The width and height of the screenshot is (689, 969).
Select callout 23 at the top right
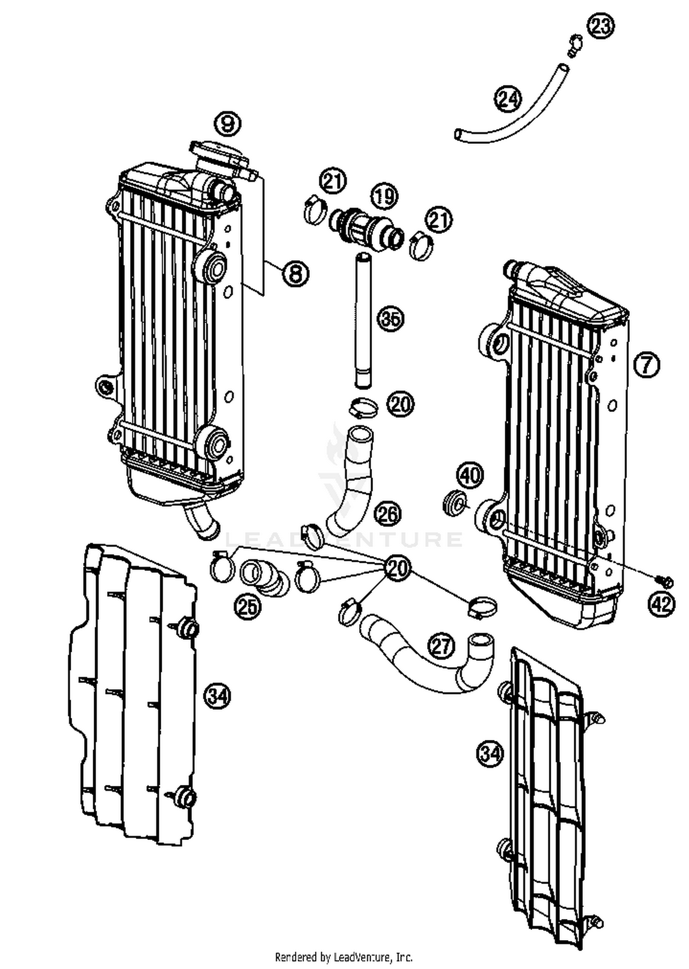601,26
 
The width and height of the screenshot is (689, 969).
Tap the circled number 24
508,99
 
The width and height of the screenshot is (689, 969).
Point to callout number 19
385,196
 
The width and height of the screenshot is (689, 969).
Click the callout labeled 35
390,319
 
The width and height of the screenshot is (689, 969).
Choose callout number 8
295,274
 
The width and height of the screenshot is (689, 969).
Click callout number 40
470,475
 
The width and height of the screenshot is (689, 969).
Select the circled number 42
661,604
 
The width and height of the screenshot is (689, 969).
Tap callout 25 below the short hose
248,607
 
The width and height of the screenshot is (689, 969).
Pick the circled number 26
388,514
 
